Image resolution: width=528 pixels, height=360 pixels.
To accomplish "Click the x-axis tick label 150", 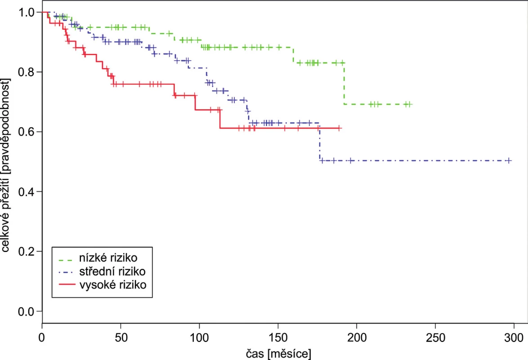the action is click(x=278, y=337).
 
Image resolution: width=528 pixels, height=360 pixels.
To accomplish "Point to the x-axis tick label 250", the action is click(x=435, y=337).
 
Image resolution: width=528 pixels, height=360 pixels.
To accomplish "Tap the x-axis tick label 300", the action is click(x=514, y=337).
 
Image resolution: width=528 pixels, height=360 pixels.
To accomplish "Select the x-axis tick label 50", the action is click(x=121, y=337).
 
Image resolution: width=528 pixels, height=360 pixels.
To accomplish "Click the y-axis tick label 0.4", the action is click(x=26, y=191).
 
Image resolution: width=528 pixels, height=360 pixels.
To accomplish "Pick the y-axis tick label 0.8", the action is click(x=26, y=72).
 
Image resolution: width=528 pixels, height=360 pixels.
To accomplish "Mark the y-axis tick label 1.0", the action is click(x=26, y=13).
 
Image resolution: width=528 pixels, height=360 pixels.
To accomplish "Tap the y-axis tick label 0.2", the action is click(x=26, y=251).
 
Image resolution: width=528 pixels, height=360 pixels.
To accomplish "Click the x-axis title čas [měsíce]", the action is click(x=278, y=354).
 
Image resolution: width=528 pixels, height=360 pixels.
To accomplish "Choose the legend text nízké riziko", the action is click(x=108, y=258).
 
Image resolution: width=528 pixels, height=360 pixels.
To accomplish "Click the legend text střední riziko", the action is click(x=112, y=271).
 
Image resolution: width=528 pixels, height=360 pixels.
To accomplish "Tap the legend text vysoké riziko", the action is click(x=113, y=285).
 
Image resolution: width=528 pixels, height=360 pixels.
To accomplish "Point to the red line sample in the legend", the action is click(x=67, y=284).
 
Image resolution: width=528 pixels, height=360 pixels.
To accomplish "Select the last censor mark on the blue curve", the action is click(x=509, y=161).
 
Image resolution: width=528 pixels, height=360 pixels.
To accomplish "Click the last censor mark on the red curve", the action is click(x=340, y=128).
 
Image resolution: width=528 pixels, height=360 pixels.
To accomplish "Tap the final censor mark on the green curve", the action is click(x=409, y=104).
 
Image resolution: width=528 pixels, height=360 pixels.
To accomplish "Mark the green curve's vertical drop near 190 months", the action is click(x=344, y=83).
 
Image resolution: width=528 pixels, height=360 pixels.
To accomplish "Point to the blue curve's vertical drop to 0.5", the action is click(x=320, y=142).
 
